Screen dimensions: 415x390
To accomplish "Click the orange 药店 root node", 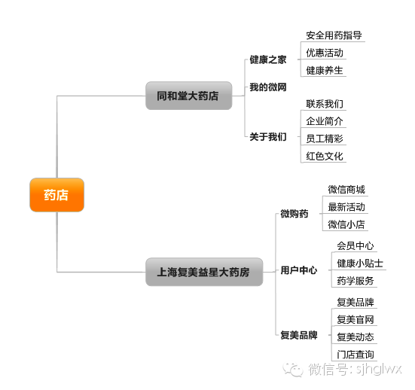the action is tap(57, 195).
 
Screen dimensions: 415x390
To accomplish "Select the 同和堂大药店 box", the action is tap(189, 96).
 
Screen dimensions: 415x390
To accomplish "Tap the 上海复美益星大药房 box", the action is tap(204, 272).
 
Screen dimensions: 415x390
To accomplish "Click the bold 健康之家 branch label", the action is tap(268, 59).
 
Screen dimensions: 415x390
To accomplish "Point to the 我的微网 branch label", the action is tap(268, 87).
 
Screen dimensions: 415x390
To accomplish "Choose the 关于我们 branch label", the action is tap(268, 137).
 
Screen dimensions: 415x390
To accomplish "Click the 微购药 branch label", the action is tap(294, 214).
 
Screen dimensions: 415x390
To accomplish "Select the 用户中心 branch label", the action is tap(299, 270).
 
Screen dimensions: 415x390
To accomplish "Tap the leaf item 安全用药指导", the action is tap(334, 35).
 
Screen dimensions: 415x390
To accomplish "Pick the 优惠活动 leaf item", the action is tap(325, 53).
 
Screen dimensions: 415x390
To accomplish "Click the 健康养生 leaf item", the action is tap(325, 70).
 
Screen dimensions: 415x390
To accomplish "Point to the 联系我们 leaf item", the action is tap(325, 104).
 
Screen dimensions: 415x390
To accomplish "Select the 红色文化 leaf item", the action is tap(325, 156).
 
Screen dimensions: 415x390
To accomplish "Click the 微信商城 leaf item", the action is tap(346, 190).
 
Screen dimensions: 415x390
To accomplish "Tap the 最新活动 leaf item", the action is tap(346, 207).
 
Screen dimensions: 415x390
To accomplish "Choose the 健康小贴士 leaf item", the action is tap(360, 264).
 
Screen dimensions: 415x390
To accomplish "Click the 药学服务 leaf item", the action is tap(355, 281).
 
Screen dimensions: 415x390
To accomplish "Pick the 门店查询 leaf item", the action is tap(355, 355).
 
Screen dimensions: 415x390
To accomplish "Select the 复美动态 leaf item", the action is tap(355, 337).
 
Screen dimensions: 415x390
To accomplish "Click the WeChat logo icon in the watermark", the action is tap(293, 369).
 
